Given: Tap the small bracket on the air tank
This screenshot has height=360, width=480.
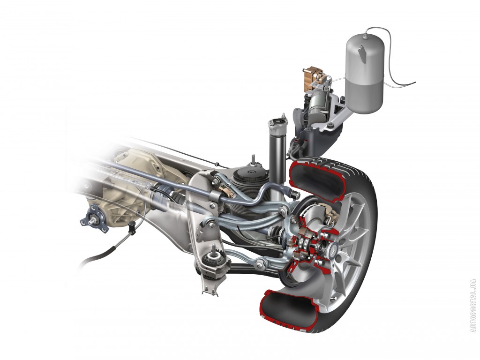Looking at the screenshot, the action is tap(363, 54).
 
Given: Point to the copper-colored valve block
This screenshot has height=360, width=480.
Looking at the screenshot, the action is tap(313, 78).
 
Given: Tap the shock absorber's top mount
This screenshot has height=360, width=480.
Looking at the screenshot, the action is tap(278, 122).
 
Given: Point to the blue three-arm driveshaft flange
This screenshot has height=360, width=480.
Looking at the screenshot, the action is tap(94, 218).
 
